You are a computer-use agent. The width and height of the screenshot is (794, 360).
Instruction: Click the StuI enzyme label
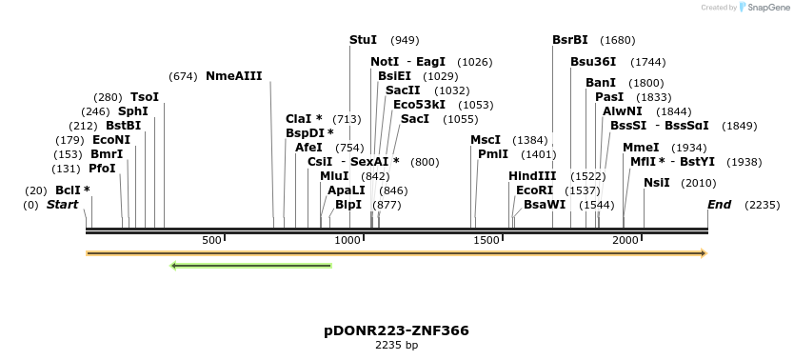point(364,40)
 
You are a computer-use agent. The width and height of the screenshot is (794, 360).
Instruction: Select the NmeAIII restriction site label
point(233,76)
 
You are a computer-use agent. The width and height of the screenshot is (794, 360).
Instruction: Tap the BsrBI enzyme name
point(570,40)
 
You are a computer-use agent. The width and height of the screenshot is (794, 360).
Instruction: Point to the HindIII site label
point(532,176)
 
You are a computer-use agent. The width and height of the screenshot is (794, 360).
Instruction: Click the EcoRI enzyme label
point(534,190)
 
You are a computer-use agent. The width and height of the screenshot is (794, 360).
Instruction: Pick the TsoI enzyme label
point(145,97)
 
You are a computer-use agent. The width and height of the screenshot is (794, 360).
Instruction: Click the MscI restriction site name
point(486,140)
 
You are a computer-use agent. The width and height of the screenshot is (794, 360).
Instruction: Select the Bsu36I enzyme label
point(593,62)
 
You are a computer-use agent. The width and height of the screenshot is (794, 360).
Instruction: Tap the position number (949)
point(405,40)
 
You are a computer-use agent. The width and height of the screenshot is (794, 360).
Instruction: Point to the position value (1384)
point(530,140)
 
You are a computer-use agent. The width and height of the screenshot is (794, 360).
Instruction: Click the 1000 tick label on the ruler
point(349,240)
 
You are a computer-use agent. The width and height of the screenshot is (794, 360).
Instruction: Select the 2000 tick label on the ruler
point(625,240)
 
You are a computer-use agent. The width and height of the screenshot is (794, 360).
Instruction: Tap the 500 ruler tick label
point(211,240)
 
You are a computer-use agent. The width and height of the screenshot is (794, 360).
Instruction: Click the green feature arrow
point(250,265)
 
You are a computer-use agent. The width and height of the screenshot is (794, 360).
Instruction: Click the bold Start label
point(62,205)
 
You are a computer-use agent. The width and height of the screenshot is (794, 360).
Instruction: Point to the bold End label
point(719,205)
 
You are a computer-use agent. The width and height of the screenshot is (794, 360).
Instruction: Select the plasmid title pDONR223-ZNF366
point(396,330)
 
